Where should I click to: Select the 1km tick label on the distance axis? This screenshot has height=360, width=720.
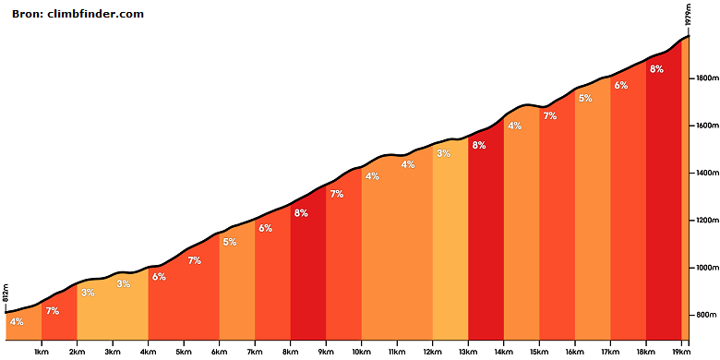(42, 352)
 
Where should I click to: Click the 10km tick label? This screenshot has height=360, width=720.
(361, 352)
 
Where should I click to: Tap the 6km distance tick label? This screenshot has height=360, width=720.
(219, 352)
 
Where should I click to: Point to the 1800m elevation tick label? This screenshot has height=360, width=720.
(703, 78)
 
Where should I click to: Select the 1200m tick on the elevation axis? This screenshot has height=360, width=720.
(703, 221)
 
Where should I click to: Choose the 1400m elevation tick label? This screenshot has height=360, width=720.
(703, 174)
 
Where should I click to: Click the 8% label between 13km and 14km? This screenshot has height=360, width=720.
(479, 146)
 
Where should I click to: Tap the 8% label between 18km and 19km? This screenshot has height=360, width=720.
(656, 69)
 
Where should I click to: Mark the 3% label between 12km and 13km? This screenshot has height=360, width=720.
(443, 154)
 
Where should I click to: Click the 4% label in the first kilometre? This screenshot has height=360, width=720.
(17, 322)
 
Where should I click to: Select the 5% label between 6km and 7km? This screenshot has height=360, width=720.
(230, 242)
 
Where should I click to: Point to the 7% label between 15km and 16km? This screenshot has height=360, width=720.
(549, 116)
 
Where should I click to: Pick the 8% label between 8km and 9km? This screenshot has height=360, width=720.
(301, 213)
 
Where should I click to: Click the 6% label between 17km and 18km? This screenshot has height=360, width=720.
(621, 86)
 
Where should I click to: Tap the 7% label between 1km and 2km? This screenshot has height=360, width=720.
(53, 311)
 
